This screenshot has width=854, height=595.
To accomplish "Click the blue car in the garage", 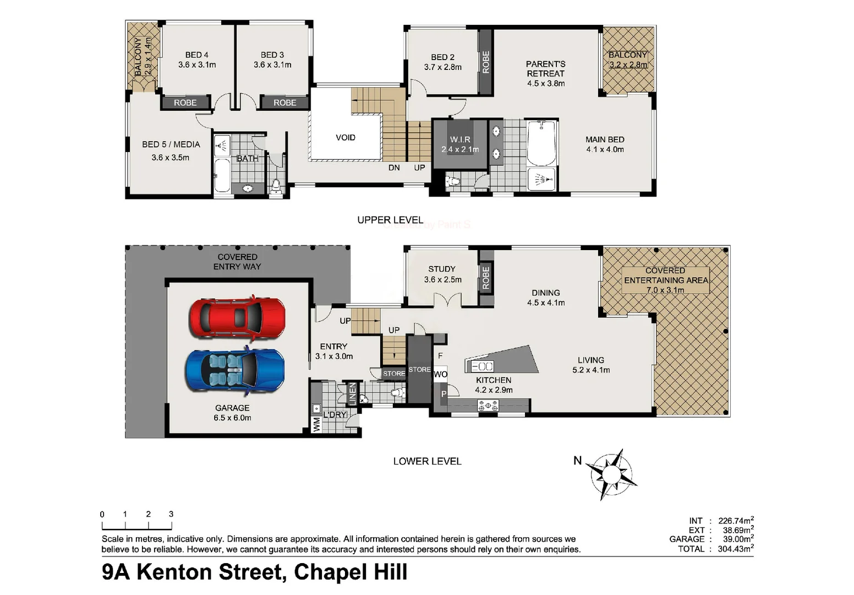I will click(x=236, y=370).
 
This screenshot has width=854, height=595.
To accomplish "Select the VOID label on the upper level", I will click(x=346, y=138).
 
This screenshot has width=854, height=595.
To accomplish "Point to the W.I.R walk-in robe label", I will click(x=460, y=140).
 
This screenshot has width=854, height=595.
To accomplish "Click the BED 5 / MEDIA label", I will click(x=171, y=144).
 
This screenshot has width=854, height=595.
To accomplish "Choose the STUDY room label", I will click(x=442, y=269).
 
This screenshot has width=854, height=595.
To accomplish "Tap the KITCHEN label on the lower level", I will click(x=494, y=380).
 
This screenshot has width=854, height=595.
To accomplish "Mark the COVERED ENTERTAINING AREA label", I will click(x=666, y=275).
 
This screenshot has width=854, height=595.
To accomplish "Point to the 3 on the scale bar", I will click(x=171, y=514).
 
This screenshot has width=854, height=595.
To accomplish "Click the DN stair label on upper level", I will click(x=394, y=167).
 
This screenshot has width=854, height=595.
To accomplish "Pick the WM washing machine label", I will click(x=316, y=424).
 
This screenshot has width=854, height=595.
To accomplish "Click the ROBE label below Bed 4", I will click(x=185, y=103).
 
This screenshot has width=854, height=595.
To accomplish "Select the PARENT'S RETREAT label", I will click(x=545, y=69).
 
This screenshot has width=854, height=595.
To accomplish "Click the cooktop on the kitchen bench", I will click(x=488, y=406).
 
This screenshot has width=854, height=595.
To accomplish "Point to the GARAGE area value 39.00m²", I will click(x=736, y=539).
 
